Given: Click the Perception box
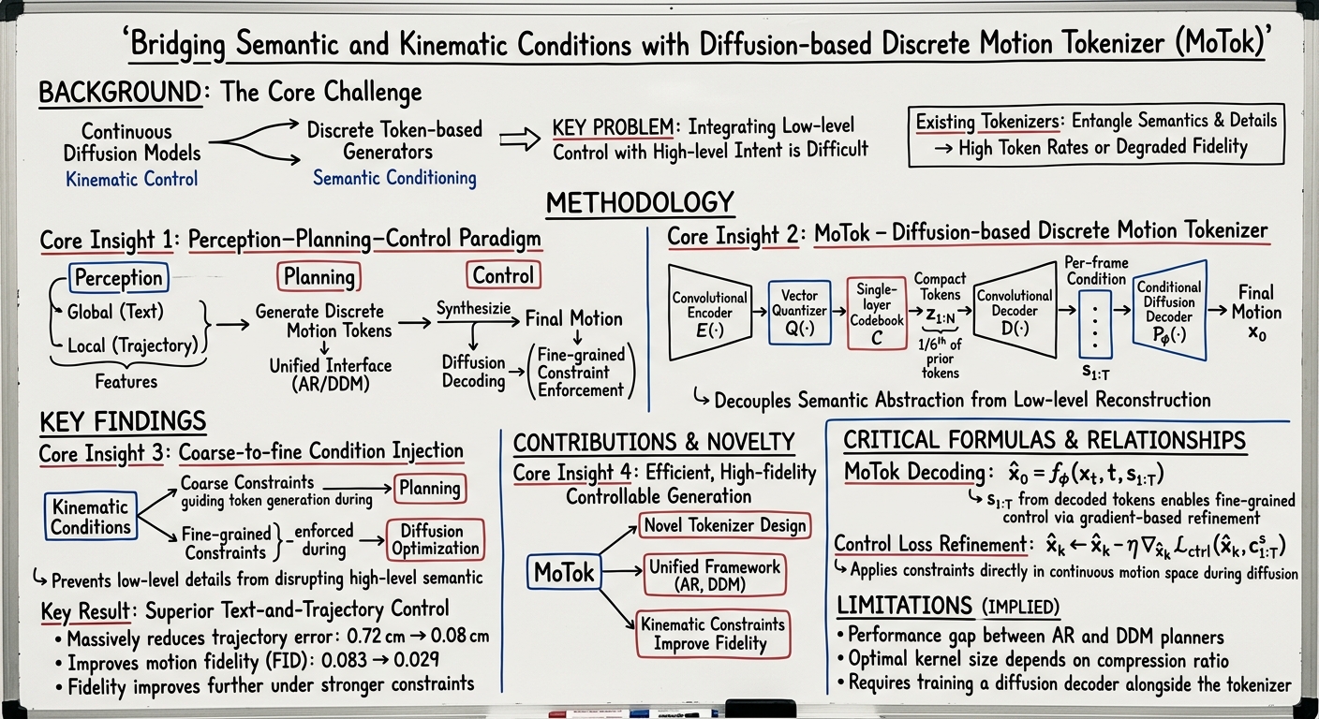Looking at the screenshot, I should (118, 277).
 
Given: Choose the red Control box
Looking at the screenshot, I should (503, 275).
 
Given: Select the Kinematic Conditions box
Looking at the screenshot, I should (90, 517).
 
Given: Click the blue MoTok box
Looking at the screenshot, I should (564, 572).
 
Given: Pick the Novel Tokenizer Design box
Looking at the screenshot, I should (724, 525).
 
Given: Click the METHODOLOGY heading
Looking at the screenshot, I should (639, 202).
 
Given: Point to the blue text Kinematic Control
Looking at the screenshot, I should (131, 179).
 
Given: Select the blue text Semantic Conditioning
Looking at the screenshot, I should (393, 178).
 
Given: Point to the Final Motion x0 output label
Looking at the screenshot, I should (1256, 314).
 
